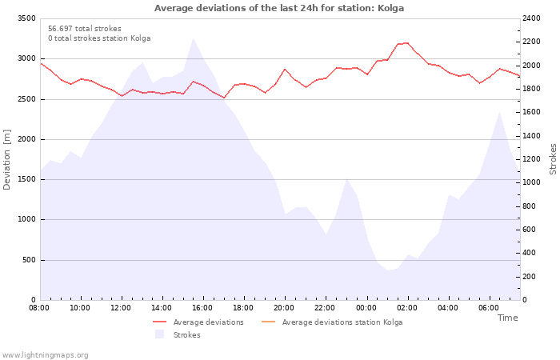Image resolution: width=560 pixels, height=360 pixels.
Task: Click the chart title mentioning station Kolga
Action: tap(279, 8)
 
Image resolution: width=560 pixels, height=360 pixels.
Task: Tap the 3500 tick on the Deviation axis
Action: tap(26, 18)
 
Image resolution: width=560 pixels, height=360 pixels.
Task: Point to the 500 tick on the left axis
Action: tap(29, 260)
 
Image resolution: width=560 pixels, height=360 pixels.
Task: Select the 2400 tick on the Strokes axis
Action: tap(531, 18)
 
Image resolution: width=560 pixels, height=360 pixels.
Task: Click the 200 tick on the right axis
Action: tap(529, 277)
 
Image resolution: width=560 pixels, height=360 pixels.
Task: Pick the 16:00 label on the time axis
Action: tap(202, 308)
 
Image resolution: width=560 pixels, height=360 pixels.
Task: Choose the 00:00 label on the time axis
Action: tap(366, 308)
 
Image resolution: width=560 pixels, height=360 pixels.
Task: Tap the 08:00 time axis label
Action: tap(39, 308)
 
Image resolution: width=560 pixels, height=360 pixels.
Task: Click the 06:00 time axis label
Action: tap(489, 308)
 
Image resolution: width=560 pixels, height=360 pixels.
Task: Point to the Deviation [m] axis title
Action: tap(6, 160)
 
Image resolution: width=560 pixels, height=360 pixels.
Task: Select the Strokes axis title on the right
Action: tap(553, 159)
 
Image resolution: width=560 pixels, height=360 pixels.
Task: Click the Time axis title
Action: tap(507, 318)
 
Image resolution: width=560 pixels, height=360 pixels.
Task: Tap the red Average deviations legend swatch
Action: tap(159, 322)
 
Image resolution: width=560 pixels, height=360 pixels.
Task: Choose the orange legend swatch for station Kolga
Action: tap(269, 322)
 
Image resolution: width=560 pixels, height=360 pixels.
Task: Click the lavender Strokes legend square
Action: tap(159, 334)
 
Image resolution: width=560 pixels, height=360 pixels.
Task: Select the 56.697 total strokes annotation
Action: tap(85, 29)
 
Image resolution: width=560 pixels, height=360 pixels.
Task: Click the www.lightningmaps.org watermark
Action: tap(45, 355)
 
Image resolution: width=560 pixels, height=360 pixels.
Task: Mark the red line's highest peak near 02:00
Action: tap(407, 43)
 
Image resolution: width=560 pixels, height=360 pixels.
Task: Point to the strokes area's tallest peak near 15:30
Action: tap(194, 38)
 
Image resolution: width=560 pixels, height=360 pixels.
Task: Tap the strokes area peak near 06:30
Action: tap(499, 112)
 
